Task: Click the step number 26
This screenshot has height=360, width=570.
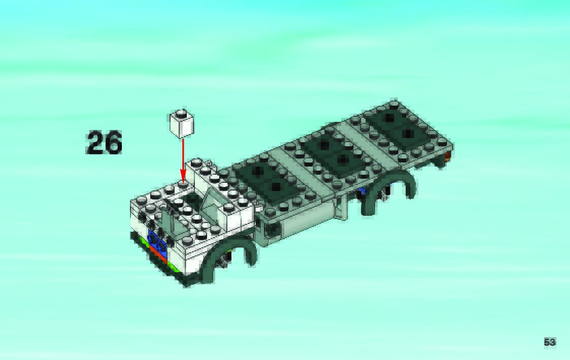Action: (x=104, y=143)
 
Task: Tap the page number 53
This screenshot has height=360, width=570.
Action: (x=550, y=342)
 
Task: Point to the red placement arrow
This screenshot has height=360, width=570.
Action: (x=183, y=160)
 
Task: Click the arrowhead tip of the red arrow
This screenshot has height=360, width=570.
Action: (x=183, y=182)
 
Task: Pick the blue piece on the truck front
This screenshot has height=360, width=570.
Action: (x=157, y=241)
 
